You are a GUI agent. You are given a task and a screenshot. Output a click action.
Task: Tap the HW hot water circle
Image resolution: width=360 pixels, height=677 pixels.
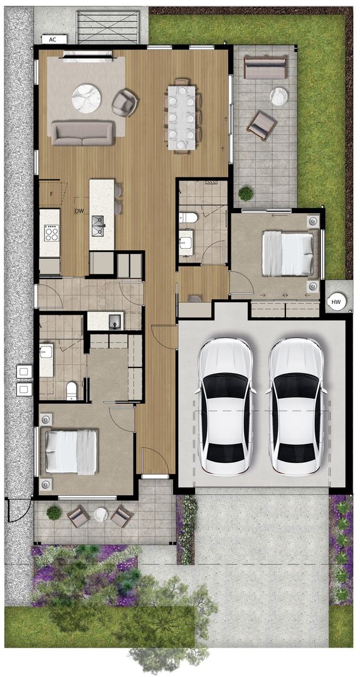click(337, 303)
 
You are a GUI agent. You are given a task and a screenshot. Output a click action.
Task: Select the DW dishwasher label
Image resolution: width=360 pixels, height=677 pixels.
click(78, 211)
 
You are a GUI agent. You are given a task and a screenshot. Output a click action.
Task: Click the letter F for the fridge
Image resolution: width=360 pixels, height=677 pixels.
click(51, 194)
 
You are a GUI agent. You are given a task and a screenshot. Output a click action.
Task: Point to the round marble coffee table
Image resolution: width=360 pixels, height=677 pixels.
click(86, 98)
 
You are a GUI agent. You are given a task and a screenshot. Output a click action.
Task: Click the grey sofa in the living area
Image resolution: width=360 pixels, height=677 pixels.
click(83, 132)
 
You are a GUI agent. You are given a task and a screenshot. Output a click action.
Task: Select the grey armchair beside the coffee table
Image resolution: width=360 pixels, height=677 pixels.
click(125, 102)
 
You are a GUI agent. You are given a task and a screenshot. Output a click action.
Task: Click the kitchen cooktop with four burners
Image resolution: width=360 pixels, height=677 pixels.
click(51, 233)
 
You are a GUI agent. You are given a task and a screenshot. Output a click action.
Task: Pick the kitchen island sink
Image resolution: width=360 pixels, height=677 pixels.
click(98, 226)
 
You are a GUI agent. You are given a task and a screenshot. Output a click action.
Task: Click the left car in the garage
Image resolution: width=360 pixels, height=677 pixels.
click(225, 406)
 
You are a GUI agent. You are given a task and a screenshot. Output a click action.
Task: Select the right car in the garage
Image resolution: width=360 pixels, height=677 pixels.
click(296, 406)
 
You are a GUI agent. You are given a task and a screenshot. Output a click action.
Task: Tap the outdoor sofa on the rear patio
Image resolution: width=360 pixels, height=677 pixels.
click(265, 68)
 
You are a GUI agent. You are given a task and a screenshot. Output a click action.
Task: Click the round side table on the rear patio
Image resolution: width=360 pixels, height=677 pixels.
click(278, 97)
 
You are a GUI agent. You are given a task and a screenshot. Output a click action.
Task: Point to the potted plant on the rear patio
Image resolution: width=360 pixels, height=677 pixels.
click(245, 193)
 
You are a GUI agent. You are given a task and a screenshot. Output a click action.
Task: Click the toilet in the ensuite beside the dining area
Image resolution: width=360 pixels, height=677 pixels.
click(188, 218)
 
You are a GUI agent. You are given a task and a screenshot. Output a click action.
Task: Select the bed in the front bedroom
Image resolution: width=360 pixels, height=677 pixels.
click(71, 451)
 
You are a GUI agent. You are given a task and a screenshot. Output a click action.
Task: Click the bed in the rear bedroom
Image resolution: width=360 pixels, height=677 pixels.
click(288, 253)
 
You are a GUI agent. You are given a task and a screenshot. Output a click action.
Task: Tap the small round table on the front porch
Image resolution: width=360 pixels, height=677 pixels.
click(100, 514)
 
